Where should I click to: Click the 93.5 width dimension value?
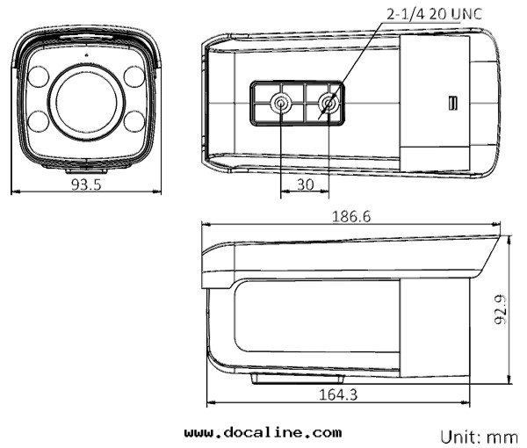(86, 184)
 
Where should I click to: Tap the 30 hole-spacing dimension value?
(305, 184)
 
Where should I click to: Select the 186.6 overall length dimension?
(351, 216)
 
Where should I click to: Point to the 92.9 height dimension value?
(500, 309)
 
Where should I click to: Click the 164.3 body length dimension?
(338, 394)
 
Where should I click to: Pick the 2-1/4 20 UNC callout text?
(434, 14)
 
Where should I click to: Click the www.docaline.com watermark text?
(263, 432)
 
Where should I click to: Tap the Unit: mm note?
(480, 437)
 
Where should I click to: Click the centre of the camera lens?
(86, 102)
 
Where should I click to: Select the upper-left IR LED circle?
(39, 76)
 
